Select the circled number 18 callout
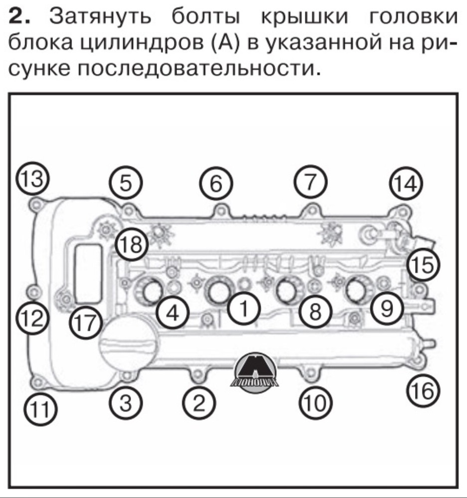(x=131, y=245)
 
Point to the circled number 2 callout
(x=199, y=402)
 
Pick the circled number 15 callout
(x=424, y=265)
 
